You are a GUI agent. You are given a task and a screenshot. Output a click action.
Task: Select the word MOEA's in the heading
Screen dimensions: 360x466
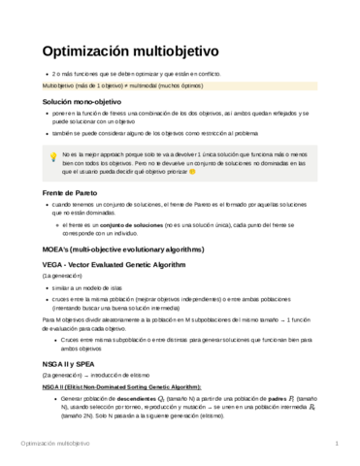point(57,250)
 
